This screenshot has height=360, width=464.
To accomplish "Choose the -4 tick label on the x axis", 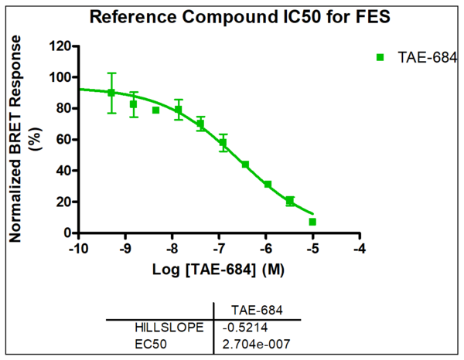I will pos(360,249).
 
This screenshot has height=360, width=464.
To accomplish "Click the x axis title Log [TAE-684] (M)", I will pos(219,268).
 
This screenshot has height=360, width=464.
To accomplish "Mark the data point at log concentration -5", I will pos(312,222).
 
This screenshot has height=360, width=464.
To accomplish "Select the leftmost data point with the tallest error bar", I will pos(111,93).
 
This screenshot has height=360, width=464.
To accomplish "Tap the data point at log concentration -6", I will pos(268,185).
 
